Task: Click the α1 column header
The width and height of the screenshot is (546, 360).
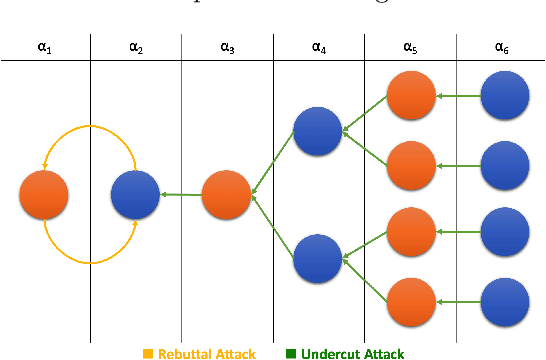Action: pos(45,47)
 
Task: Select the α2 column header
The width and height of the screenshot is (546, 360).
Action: pos(136,47)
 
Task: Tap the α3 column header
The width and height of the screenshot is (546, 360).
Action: pos(228,47)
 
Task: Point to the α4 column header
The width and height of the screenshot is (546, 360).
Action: pos(319,47)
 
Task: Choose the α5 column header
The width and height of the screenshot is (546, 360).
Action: pos(410,47)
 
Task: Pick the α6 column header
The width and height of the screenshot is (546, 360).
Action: pos(501,47)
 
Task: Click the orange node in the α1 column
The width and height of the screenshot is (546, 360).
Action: pos(44,196)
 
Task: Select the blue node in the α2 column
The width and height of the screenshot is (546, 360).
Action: pos(136,196)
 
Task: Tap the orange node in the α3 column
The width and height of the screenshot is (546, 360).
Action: pos(227,196)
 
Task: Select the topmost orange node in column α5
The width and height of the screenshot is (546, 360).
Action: pos(410,97)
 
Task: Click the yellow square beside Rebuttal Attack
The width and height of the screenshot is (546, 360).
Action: pos(147,353)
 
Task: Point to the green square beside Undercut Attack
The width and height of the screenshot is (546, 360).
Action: pos(290,353)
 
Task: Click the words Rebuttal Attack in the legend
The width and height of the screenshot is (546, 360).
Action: pos(206,353)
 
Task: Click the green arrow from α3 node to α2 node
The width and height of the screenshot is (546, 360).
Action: pos(180,196)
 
